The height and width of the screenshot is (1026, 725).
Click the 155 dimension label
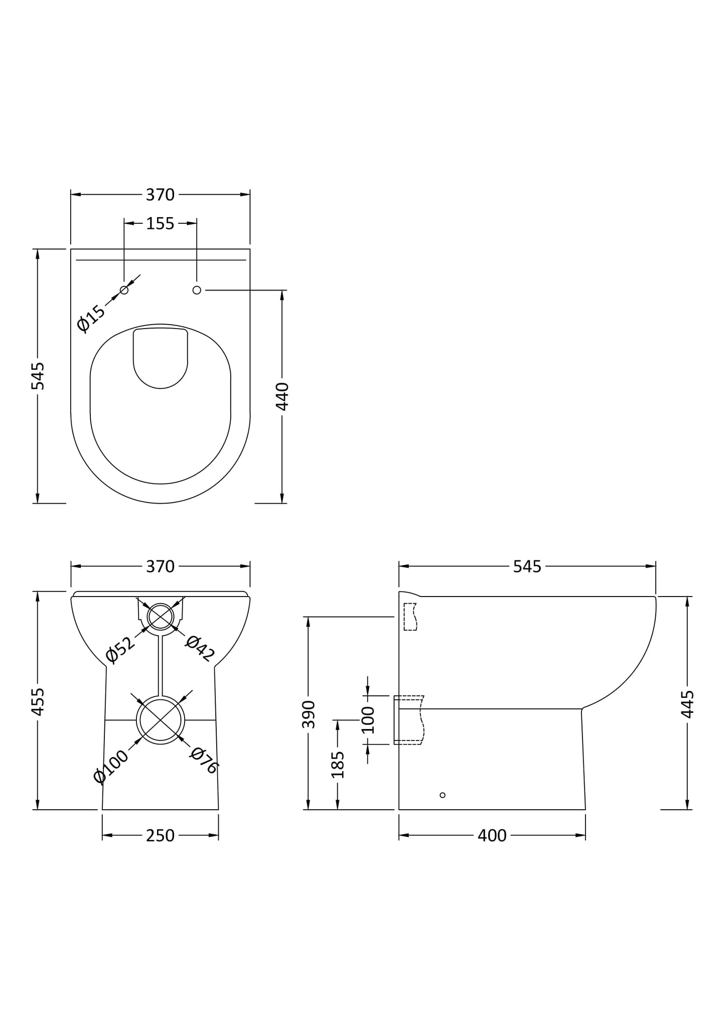tap(160, 223)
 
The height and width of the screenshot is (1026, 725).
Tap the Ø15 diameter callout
tap(91, 318)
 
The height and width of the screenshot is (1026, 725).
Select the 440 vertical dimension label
tap(282, 396)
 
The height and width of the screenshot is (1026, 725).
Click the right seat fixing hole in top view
tap(197, 290)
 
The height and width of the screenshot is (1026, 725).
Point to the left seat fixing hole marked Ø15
tap(124, 290)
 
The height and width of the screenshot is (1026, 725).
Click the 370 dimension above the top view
tap(160, 195)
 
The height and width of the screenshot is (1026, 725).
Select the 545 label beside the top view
tap(38, 376)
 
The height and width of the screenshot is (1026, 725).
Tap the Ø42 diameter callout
tap(200, 648)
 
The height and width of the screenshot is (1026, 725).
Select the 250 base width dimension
tap(160, 835)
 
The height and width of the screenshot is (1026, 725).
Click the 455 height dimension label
tap(38, 701)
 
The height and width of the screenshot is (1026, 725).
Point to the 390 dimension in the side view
tap(309, 714)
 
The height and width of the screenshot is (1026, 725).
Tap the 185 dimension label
tap(338, 764)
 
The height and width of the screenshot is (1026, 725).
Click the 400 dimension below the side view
tap(492, 835)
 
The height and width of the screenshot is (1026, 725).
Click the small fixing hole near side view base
tap(442, 795)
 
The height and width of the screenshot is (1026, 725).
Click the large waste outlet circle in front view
tap(161, 720)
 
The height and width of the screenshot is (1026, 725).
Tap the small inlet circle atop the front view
tap(161, 617)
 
